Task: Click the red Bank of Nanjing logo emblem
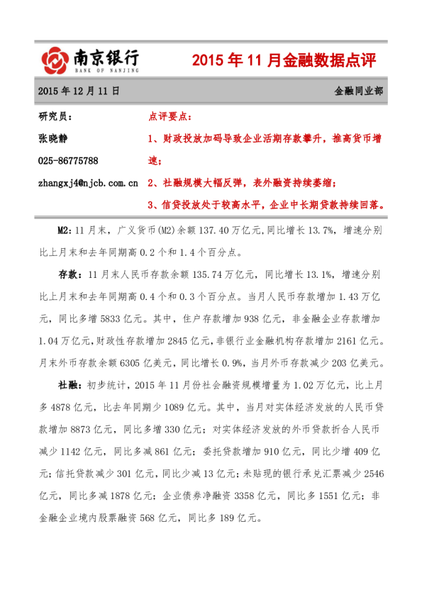(x=54, y=60)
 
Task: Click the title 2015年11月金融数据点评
(x=284, y=62)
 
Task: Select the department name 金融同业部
(x=360, y=91)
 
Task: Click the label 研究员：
(x=55, y=117)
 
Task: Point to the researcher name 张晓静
(x=52, y=138)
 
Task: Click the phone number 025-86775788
(x=68, y=160)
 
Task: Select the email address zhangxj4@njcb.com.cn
(x=88, y=183)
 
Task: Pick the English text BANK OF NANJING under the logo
(x=107, y=71)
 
